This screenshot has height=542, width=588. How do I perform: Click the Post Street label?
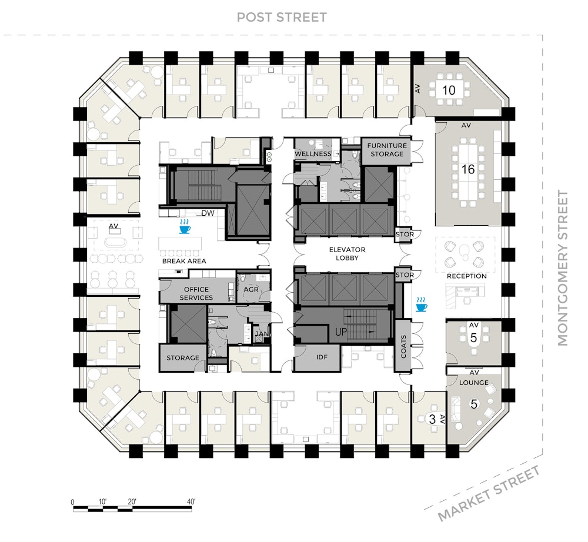282,17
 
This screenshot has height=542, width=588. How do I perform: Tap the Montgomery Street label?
563,268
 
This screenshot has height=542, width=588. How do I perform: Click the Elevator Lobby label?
347,253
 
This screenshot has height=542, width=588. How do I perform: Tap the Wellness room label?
313,153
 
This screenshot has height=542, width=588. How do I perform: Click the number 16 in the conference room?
467,169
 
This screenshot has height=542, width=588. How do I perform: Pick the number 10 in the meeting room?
449,90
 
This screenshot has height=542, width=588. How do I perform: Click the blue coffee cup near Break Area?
184,227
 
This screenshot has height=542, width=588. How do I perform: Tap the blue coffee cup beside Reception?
421,305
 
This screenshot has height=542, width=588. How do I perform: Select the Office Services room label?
196,293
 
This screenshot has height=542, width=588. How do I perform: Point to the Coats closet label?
403,347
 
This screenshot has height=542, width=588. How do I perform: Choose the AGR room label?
251,289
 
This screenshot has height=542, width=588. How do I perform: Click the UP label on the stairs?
341,332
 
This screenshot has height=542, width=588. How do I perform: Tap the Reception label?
466,276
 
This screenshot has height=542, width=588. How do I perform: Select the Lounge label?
473,383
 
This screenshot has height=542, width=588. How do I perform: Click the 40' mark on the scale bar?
191,501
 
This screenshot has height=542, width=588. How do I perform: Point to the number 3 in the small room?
432,419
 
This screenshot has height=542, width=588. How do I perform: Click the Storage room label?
183,358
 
